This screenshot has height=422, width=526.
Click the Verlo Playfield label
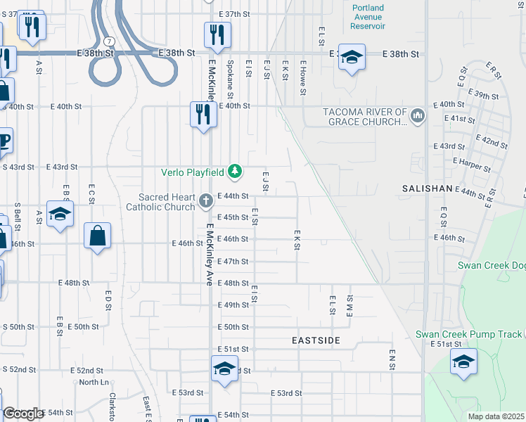(x=192, y=172)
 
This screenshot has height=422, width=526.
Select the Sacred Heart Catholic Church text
(x=160, y=202)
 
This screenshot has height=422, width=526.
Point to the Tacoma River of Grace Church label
(x=365, y=116)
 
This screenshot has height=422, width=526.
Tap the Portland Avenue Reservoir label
(x=368, y=17)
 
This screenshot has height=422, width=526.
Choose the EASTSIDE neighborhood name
(x=316, y=340)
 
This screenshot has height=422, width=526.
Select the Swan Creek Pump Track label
(x=468, y=334)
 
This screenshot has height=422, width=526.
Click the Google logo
(x=23, y=414)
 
